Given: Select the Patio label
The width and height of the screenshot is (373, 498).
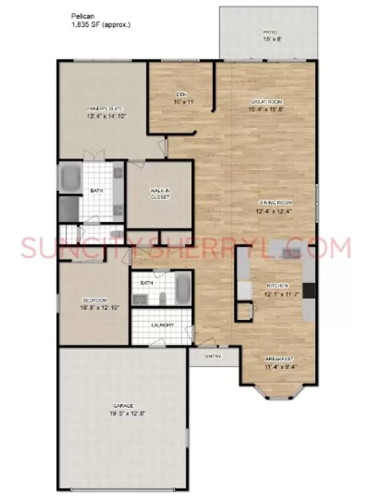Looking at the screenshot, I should pyautogui.click(x=269, y=33).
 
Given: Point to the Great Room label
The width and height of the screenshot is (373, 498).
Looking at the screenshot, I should pyautogui.click(x=266, y=101).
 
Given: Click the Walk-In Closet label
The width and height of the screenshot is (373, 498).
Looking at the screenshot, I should pyautogui.click(x=160, y=194).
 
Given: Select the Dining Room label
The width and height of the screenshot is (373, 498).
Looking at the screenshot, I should pyautogui.click(x=275, y=203).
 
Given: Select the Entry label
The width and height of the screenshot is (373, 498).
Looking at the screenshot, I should pyautogui.click(x=213, y=356).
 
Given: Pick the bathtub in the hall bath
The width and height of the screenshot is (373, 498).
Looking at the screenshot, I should pyautogui.click(x=182, y=288).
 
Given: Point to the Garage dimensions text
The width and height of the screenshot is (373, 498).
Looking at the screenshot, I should pyautogui.click(x=123, y=414).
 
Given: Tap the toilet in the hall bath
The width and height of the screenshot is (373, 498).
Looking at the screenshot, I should pyautogui.click(x=163, y=298).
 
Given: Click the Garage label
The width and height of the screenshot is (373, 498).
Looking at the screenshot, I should pyautogui.click(x=123, y=406).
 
